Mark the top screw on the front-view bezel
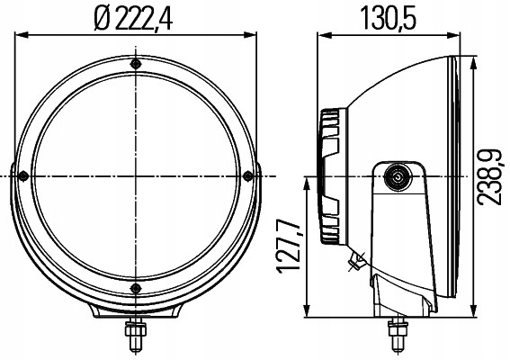click(x=135, y=65)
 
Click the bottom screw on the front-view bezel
click(x=135, y=287)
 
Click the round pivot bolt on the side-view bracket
click(x=396, y=177)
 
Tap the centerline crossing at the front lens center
click(x=135, y=175)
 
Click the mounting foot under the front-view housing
click(x=135, y=310)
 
